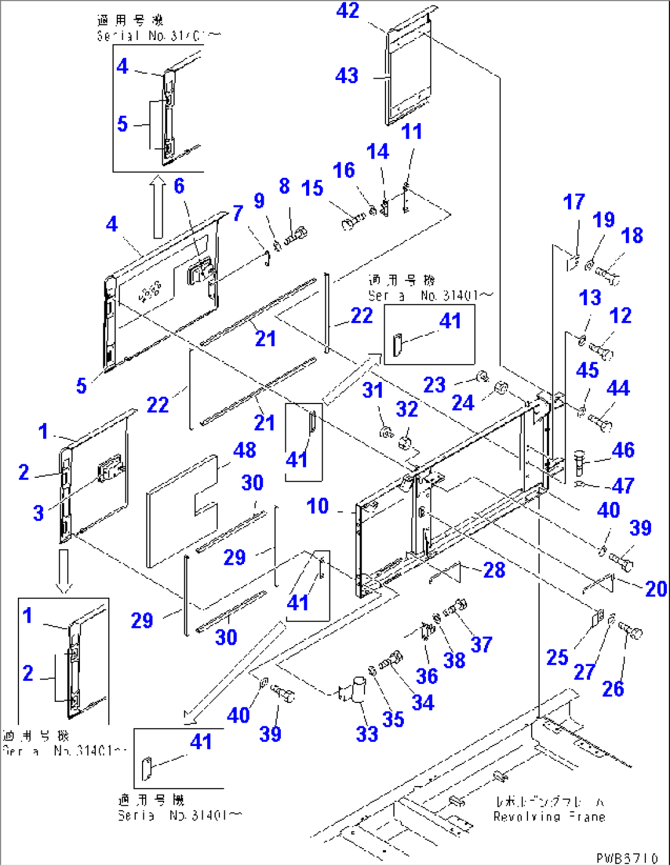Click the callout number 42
tap(347, 11)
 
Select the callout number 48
tap(245, 450)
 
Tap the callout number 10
tap(318, 506)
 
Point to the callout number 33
tap(367, 733)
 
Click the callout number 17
tap(574, 202)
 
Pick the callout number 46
tap(623, 450)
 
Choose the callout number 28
tap(494, 570)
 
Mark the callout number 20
tap(656, 589)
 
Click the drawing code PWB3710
tap(626, 857)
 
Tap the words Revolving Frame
tap(549, 817)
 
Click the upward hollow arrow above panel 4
tap(159, 207)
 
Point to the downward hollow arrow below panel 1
tap(63, 571)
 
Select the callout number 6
tap(179, 186)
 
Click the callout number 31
tap(372, 391)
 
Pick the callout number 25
tap(557, 657)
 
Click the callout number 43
tap(347, 76)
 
